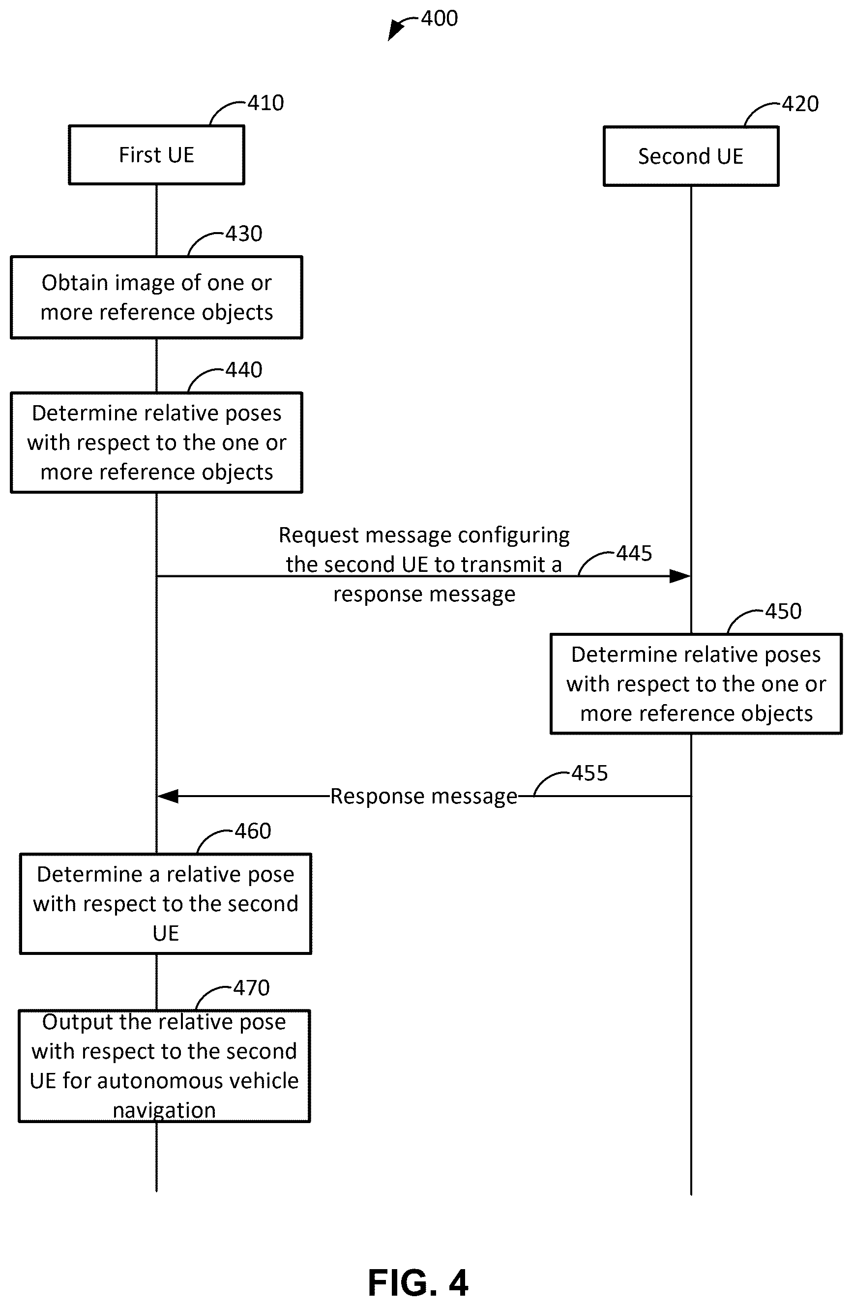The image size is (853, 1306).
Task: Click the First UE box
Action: [x=156, y=155]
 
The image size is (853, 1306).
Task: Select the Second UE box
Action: [x=691, y=156]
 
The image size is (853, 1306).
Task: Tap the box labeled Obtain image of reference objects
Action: [x=156, y=297]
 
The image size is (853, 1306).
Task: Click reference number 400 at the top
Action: [x=440, y=19]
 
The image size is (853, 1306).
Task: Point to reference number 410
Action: [x=265, y=103]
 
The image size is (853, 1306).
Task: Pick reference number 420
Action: [x=800, y=104]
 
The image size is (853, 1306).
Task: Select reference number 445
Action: [x=634, y=553]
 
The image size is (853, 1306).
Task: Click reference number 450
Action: [x=783, y=611]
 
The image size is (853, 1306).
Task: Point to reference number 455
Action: [x=589, y=773]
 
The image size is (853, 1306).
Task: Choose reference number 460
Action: [x=253, y=831]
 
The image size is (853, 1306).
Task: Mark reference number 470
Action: [x=251, y=988]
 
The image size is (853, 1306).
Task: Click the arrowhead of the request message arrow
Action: [x=680, y=576]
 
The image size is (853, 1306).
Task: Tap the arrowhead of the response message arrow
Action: [x=167, y=796]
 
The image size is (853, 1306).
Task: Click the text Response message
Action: [x=423, y=796]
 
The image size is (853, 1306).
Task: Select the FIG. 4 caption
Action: [x=418, y=1283]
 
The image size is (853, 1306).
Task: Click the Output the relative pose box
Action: [x=164, y=1066]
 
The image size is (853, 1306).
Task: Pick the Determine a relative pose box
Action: [x=165, y=903]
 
